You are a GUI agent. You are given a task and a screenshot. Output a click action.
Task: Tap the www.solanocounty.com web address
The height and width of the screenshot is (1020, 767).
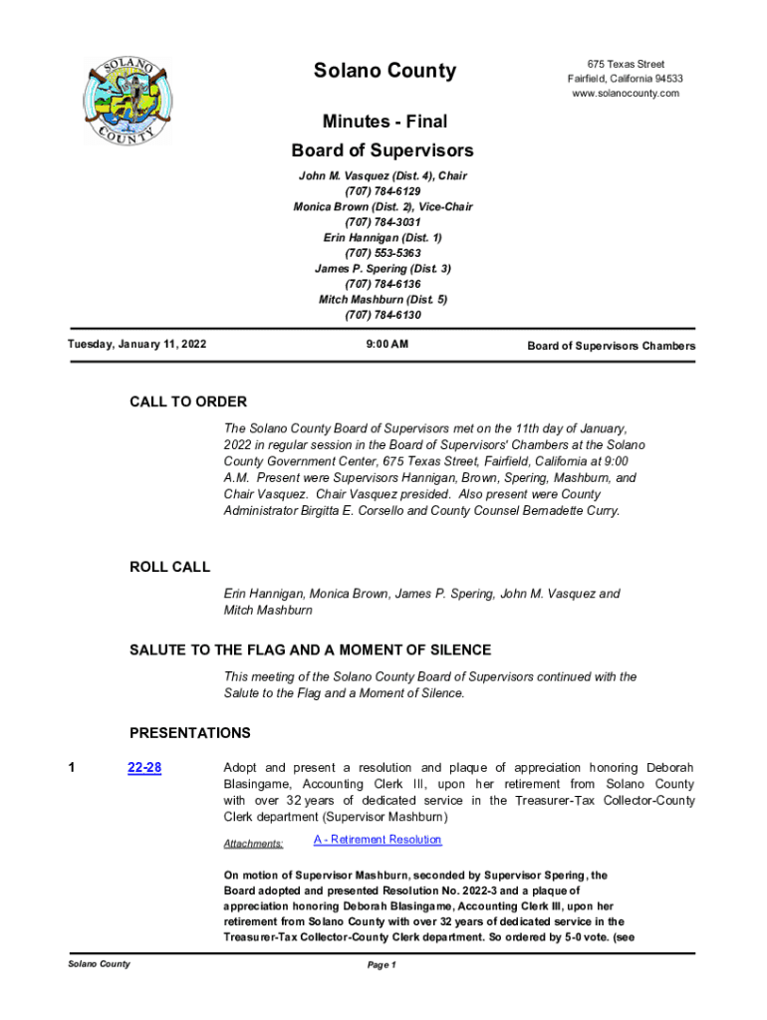[626, 94]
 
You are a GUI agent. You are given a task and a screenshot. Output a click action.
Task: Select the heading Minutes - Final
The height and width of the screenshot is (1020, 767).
[383, 122]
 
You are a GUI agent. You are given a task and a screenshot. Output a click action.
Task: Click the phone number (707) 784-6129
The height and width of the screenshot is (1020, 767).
[383, 191]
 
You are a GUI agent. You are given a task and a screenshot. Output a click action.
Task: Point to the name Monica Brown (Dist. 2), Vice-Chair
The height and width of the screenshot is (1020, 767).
[383, 206]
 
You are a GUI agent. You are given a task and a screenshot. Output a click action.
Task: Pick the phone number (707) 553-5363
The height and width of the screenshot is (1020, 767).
[383, 253]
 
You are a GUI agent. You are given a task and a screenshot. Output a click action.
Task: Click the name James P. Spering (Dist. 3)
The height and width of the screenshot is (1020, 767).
[383, 269]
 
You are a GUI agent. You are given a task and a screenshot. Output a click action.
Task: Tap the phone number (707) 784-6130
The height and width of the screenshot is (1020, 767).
[383, 315]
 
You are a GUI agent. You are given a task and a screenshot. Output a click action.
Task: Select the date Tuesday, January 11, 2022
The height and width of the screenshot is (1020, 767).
[136, 345]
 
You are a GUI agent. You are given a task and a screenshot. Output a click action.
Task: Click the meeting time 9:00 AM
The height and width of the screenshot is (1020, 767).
[383, 345]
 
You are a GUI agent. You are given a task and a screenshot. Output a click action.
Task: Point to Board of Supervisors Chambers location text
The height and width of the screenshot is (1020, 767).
[611, 346]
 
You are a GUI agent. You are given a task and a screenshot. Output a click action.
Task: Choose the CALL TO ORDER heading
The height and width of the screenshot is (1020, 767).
[188, 402]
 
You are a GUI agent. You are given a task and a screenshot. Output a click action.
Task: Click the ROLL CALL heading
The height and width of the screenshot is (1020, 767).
[170, 567]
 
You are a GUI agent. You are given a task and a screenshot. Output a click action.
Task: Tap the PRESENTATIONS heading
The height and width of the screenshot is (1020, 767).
[189, 733]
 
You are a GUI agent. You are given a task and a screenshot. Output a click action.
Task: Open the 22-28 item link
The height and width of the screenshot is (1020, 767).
[145, 768]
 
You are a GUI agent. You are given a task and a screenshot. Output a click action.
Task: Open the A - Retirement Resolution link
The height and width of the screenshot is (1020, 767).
[378, 840]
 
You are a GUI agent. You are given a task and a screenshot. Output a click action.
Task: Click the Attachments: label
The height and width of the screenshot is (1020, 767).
[253, 844]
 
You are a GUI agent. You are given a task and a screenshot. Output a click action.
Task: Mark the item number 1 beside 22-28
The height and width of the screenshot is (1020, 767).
[71, 768]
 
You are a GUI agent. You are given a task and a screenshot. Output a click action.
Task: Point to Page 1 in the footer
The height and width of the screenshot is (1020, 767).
[383, 965]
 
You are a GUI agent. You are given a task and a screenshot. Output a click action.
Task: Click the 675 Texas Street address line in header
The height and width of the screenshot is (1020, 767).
[626, 65]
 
